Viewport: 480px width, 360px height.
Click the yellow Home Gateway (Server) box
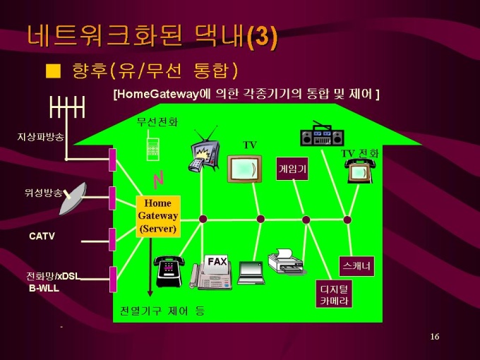tap(158, 217)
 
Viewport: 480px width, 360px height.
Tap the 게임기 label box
tap(292, 169)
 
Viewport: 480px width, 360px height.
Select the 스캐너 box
tap(356, 266)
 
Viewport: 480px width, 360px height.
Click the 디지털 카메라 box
tap(334, 294)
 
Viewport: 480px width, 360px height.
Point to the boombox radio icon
tap(322, 134)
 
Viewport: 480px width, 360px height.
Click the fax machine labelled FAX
tap(211, 272)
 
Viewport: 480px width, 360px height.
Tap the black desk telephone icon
tap(169, 271)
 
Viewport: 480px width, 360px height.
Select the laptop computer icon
tap(251, 272)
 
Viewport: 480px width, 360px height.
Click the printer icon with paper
tap(286, 261)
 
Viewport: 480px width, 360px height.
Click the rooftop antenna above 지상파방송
tap(67, 107)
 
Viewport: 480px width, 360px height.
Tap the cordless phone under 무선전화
tap(152, 146)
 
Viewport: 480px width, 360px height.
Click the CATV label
tap(42, 236)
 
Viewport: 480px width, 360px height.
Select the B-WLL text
tap(44, 288)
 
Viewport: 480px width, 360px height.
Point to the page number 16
tap(435, 337)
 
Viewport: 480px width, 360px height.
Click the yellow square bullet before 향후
tap(53, 71)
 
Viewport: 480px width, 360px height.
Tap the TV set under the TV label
tap(244, 169)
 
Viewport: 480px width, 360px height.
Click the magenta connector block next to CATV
tap(113, 239)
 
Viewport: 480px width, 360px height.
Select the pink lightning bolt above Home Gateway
tap(158, 180)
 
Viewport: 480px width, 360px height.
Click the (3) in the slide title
tap(263, 36)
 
